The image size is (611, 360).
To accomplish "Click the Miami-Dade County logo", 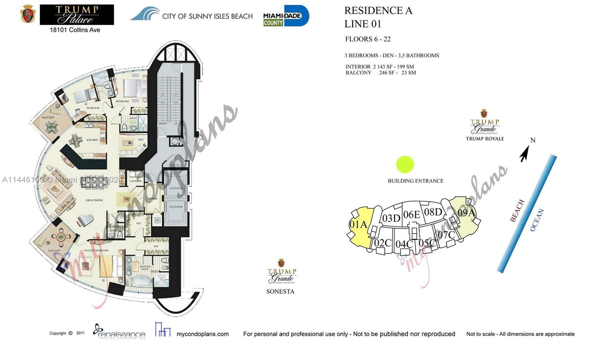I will point(286,16).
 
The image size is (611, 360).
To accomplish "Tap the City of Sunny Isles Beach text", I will point(207,16).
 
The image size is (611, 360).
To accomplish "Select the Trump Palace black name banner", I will point(76,15).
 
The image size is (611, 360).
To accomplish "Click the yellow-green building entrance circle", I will point(405,165).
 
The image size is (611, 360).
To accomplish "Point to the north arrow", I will point(525,153).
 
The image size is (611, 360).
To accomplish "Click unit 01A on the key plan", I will point(358,224).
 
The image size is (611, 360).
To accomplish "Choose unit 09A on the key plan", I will point(466,212).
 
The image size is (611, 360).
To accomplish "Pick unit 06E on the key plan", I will point(411,215).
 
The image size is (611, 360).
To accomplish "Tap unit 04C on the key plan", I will point(404,244).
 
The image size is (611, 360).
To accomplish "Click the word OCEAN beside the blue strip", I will point(537,220).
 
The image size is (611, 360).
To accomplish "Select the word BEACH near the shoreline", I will point(517,211).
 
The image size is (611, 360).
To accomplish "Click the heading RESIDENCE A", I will point(378,11).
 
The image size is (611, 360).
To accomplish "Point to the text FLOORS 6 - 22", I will point(367,39).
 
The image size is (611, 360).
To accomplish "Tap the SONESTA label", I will point(280,292).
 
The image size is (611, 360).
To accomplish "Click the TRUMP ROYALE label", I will point(485,139).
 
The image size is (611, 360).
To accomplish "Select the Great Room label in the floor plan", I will point(94,200).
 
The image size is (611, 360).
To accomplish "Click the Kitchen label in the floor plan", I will point(92,140).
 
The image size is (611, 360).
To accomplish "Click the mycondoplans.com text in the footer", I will point(202,334).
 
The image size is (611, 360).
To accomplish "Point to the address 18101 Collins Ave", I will point(75,30).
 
